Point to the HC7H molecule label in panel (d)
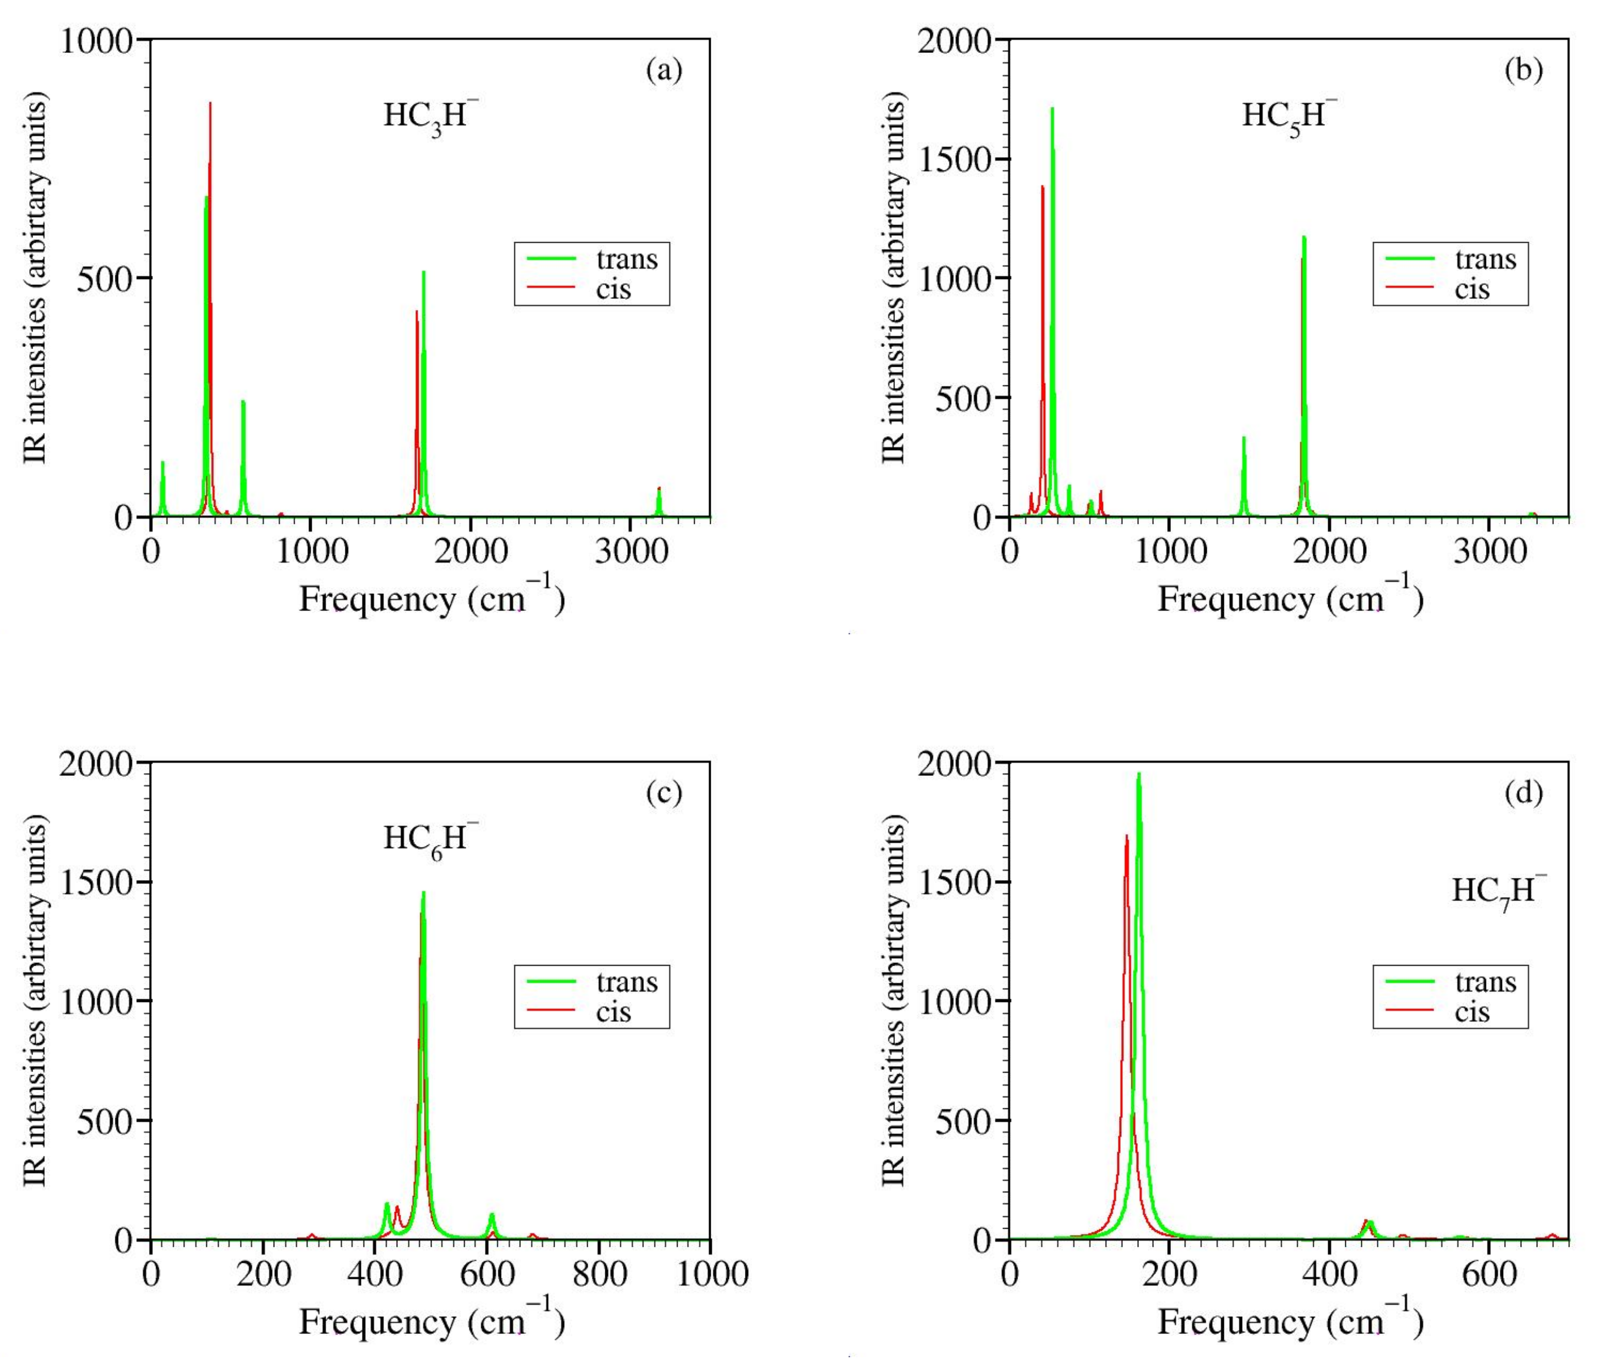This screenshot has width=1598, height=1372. (1498, 892)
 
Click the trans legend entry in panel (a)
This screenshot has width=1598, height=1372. (626, 260)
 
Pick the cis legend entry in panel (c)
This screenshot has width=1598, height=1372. (613, 1012)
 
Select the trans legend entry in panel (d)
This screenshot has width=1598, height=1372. (1485, 983)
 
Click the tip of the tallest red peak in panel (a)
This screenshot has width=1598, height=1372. (210, 103)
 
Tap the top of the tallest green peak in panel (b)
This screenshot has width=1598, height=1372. (1052, 109)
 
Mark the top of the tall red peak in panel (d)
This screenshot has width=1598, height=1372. (1127, 835)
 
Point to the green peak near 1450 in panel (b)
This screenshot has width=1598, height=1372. (1243, 438)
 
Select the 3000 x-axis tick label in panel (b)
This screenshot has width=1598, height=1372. (1489, 552)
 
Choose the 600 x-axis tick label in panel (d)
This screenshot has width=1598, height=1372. (1489, 1274)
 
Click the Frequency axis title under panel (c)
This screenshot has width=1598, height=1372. (432, 1321)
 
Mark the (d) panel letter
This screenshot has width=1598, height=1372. (1523, 793)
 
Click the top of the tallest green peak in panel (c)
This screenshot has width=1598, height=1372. (423, 893)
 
